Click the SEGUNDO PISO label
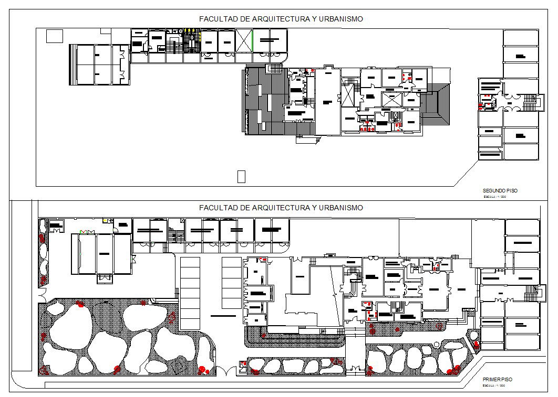coord(500,190)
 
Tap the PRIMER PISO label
coord(497,379)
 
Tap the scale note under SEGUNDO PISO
coord(494,197)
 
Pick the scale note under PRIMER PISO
coord(494,385)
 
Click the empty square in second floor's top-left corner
coord(54,36)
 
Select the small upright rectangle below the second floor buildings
coord(241,176)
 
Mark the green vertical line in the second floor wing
coord(252,40)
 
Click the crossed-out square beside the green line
coord(244,40)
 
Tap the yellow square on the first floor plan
coord(105,220)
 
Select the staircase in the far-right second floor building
coord(536,101)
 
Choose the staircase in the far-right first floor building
coord(535,294)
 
